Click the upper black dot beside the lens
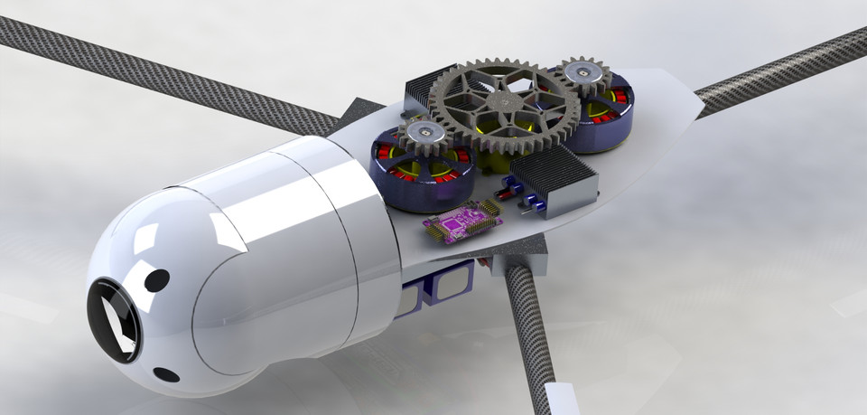(156, 280)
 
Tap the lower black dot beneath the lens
(166, 374)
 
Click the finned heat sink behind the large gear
(432, 87)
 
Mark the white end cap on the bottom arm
(560, 398)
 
